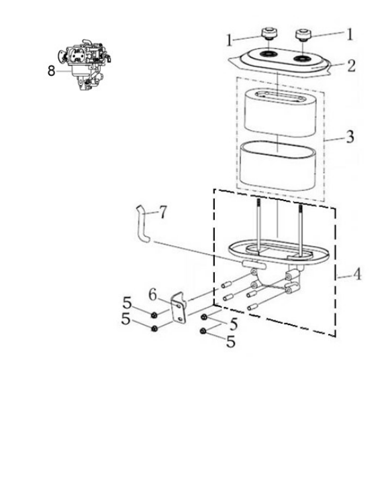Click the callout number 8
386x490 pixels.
click(51, 71)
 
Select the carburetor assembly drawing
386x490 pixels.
click(85, 65)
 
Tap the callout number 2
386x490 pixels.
click(351, 66)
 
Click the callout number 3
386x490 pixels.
click(350, 137)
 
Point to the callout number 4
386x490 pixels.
click(357, 274)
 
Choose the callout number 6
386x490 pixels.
click(152, 294)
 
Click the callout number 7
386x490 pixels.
click(162, 212)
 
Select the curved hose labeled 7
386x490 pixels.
click(141, 223)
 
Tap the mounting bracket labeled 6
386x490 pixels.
click(179, 308)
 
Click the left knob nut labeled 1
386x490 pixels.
click(270, 33)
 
